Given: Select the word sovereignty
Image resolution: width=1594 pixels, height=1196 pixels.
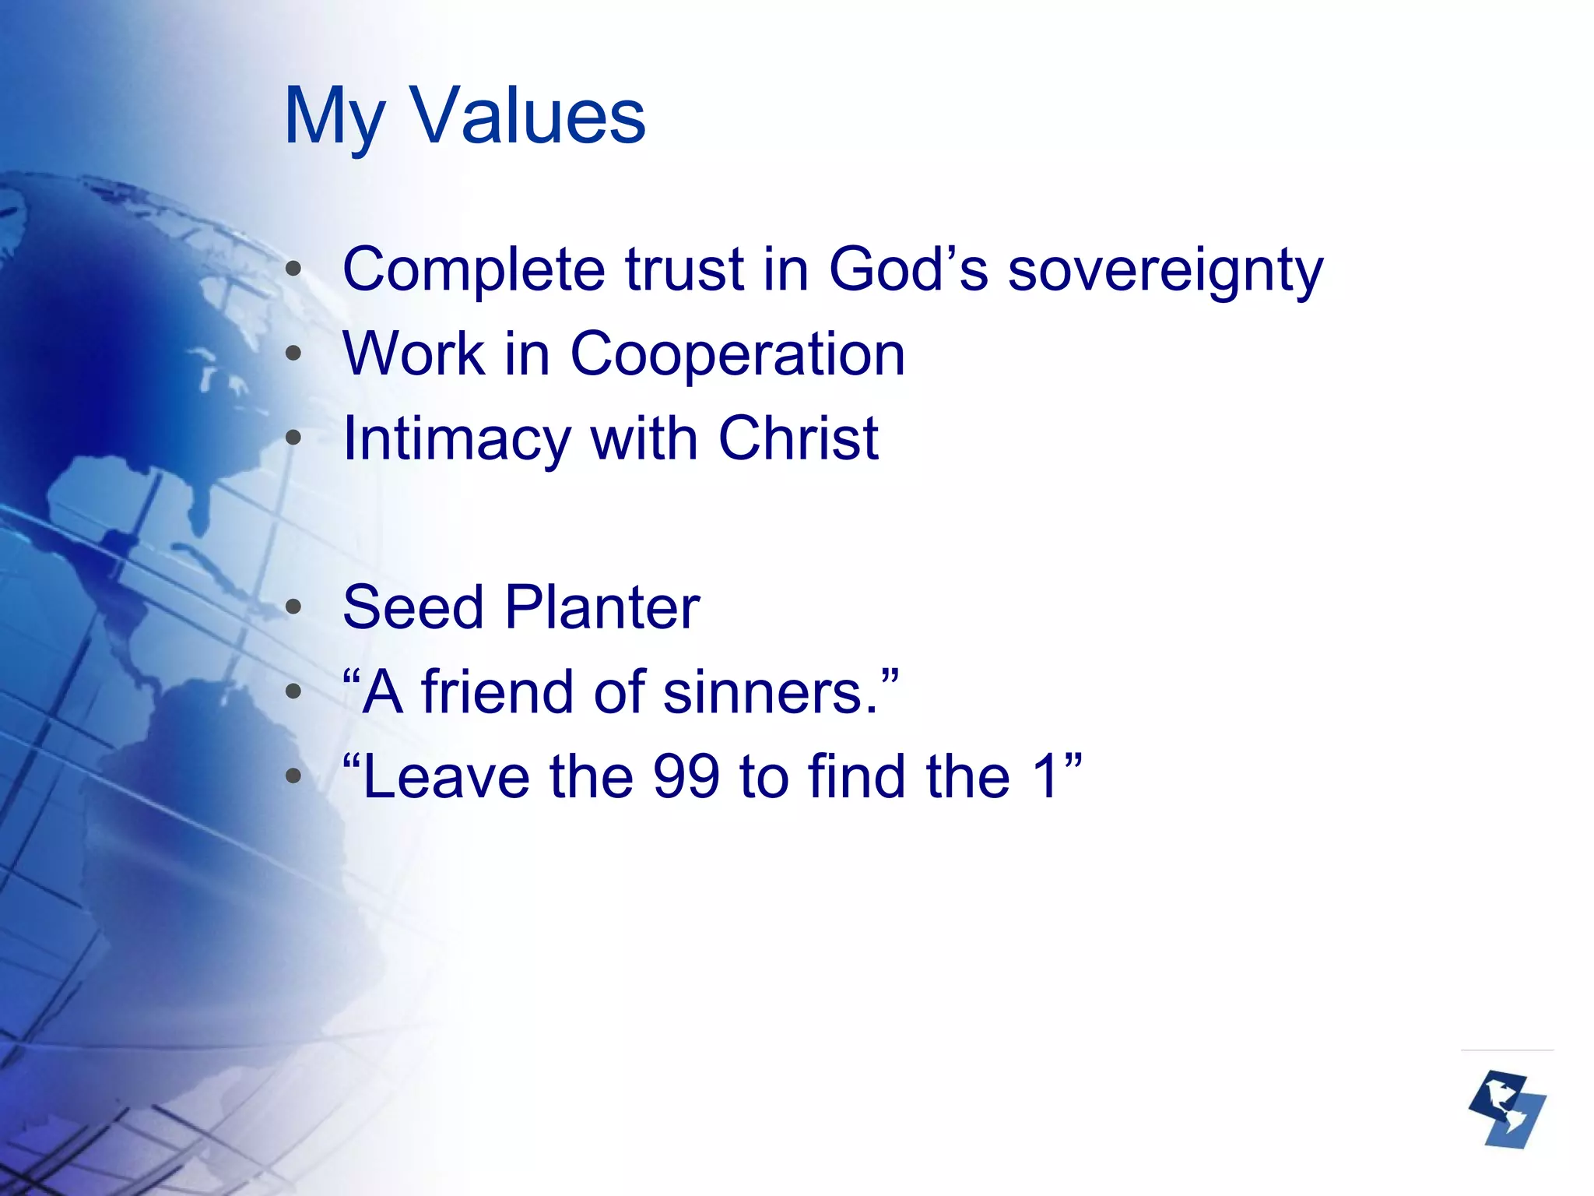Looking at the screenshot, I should [x=1165, y=271].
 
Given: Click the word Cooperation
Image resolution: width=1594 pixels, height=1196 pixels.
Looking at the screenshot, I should [x=738, y=354].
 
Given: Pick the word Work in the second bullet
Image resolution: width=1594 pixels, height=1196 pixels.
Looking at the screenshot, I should [x=413, y=354].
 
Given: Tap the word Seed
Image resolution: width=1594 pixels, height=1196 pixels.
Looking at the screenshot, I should [x=413, y=607].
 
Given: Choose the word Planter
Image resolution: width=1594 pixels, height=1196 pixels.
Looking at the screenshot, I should [x=602, y=607].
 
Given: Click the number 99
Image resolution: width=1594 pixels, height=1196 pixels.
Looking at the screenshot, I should [x=686, y=777].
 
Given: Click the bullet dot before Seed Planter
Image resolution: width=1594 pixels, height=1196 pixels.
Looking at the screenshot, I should [x=293, y=607].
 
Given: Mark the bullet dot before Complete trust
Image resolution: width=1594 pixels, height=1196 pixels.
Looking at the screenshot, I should [x=293, y=269].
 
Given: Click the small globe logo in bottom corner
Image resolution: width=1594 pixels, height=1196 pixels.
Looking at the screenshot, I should [x=1507, y=1109].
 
